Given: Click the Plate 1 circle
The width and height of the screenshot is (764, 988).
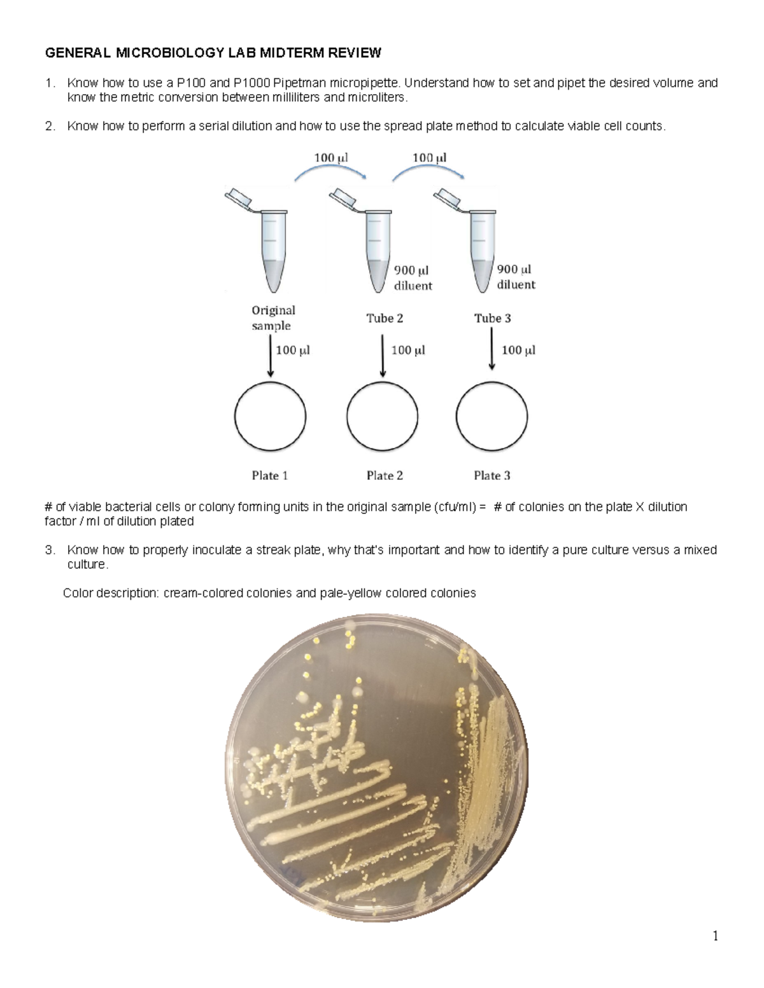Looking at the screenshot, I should [270, 417].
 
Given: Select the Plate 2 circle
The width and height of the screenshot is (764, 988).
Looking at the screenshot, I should [383, 417].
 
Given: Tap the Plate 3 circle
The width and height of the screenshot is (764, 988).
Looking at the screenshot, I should [492, 417].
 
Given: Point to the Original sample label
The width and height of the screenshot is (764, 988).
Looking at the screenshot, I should [273, 318].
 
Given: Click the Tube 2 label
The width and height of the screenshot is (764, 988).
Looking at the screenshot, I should [385, 318].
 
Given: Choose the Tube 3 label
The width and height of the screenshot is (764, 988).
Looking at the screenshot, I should [492, 318].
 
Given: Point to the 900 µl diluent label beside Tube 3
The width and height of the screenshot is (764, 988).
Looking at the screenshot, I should [516, 277].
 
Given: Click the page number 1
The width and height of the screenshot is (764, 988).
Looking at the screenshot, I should [716, 935].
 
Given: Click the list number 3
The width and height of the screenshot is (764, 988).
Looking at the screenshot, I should [49, 550].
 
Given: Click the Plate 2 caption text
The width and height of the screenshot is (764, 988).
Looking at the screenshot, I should [385, 475].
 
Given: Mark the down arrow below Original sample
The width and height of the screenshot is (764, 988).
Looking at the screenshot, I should [271, 358].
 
